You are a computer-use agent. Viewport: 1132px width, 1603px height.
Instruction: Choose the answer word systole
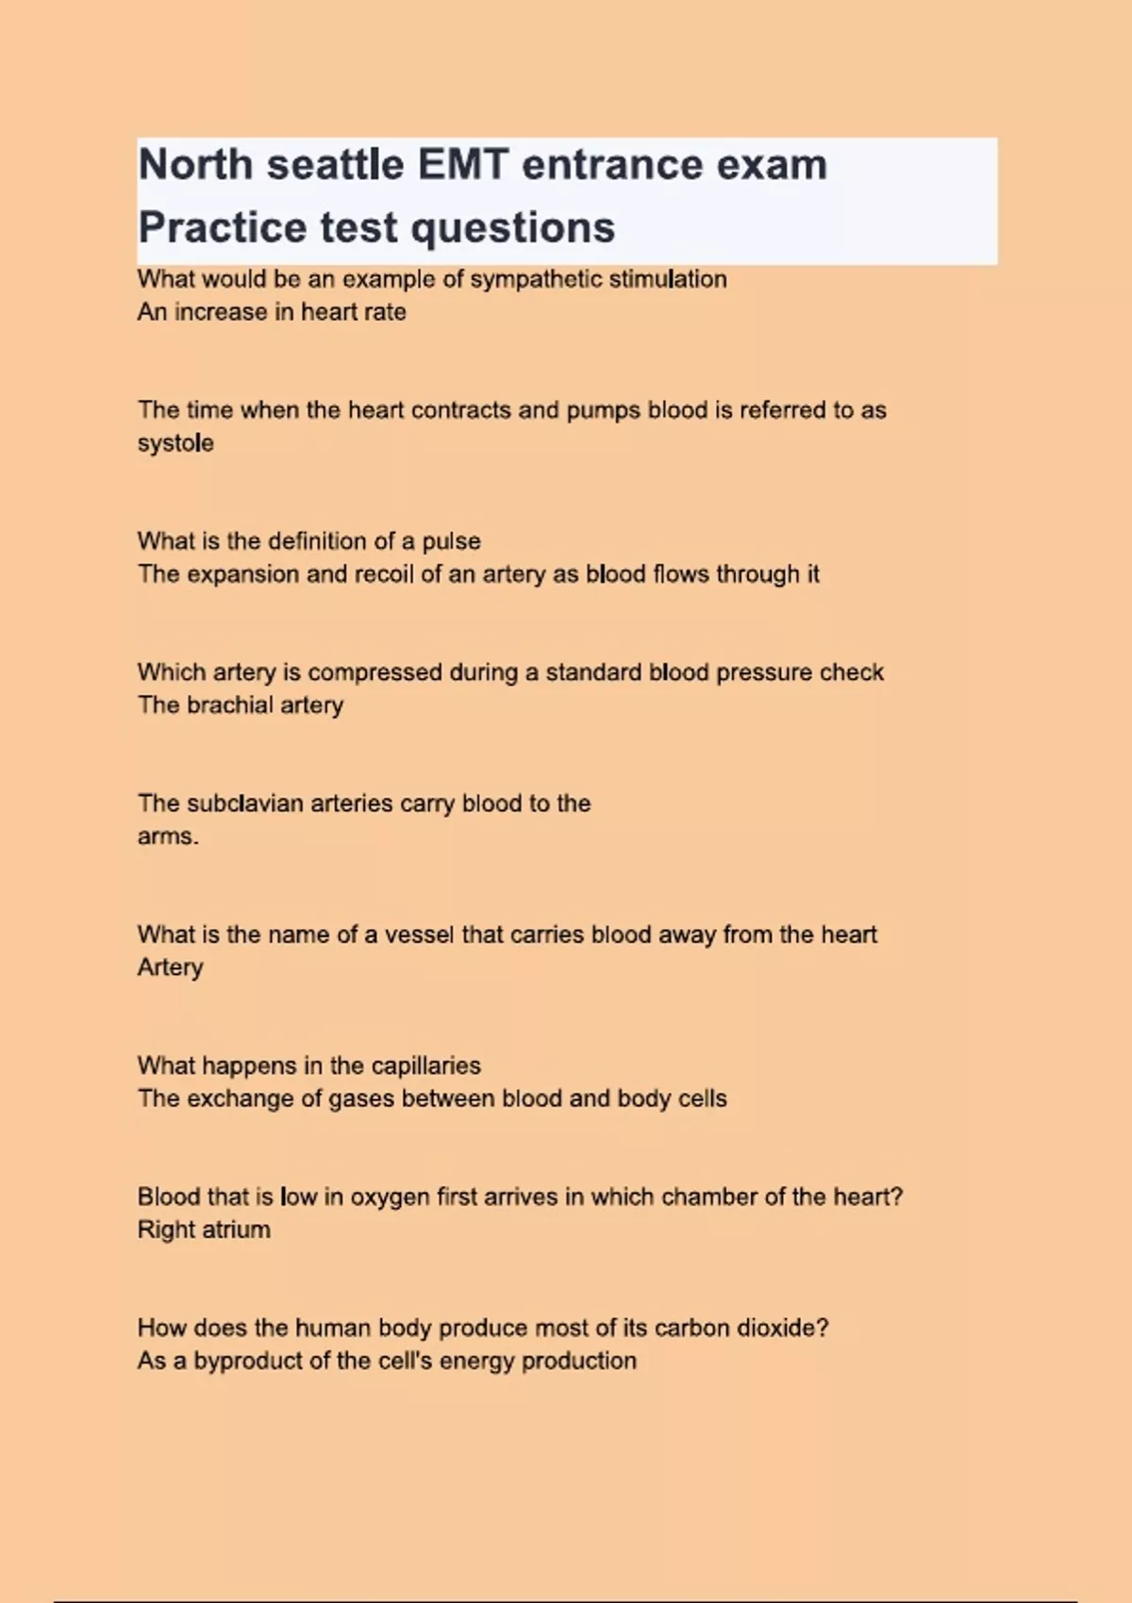(x=175, y=443)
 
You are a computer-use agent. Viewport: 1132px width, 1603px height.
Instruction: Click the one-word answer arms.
(x=167, y=836)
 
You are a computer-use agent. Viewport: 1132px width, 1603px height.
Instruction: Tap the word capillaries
(x=425, y=1066)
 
